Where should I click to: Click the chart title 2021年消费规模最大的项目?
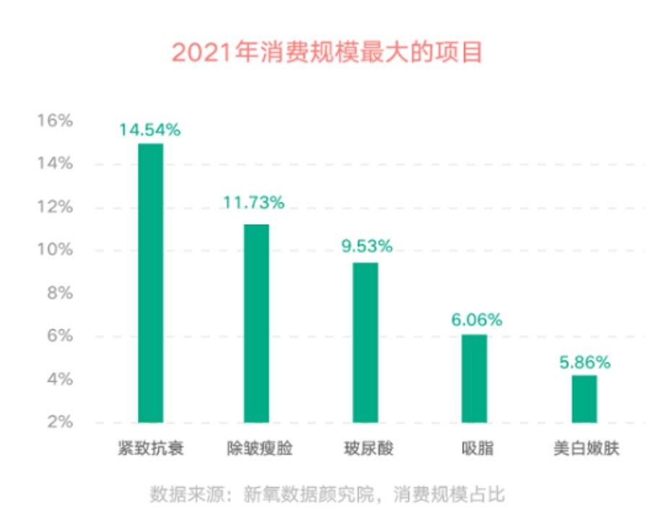coord(327,53)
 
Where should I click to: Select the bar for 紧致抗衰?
coord(150,283)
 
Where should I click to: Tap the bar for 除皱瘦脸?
coord(256,323)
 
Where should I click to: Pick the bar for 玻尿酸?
coord(365,342)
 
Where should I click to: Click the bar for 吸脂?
coord(474,378)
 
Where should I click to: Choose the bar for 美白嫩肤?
coord(584,399)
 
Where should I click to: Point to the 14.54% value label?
coord(150,130)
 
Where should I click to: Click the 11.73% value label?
coord(253,203)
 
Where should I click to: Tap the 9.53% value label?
coord(367,246)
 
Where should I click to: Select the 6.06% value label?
coord(476,319)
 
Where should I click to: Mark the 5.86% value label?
coord(585,363)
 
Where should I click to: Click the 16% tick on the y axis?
coord(55,121)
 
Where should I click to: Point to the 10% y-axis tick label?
coord(55,250)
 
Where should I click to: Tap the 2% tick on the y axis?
coord(60,422)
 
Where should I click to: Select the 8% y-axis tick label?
coord(60,293)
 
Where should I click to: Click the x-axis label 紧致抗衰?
coord(150,449)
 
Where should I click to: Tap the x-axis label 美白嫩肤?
coord(584,449)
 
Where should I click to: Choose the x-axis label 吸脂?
coord(476,449)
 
